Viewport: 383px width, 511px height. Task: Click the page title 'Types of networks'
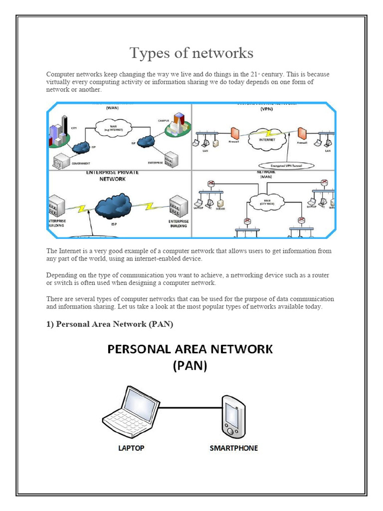coord(191,53)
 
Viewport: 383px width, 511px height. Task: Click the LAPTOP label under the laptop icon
coord(131,448)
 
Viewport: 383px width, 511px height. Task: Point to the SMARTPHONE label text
coord(233,448)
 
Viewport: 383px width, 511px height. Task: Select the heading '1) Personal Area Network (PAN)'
coord(110,324)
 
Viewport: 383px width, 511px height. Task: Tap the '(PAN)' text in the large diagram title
coord(190,366)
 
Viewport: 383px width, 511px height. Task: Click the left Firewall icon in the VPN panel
coord(234,133)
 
